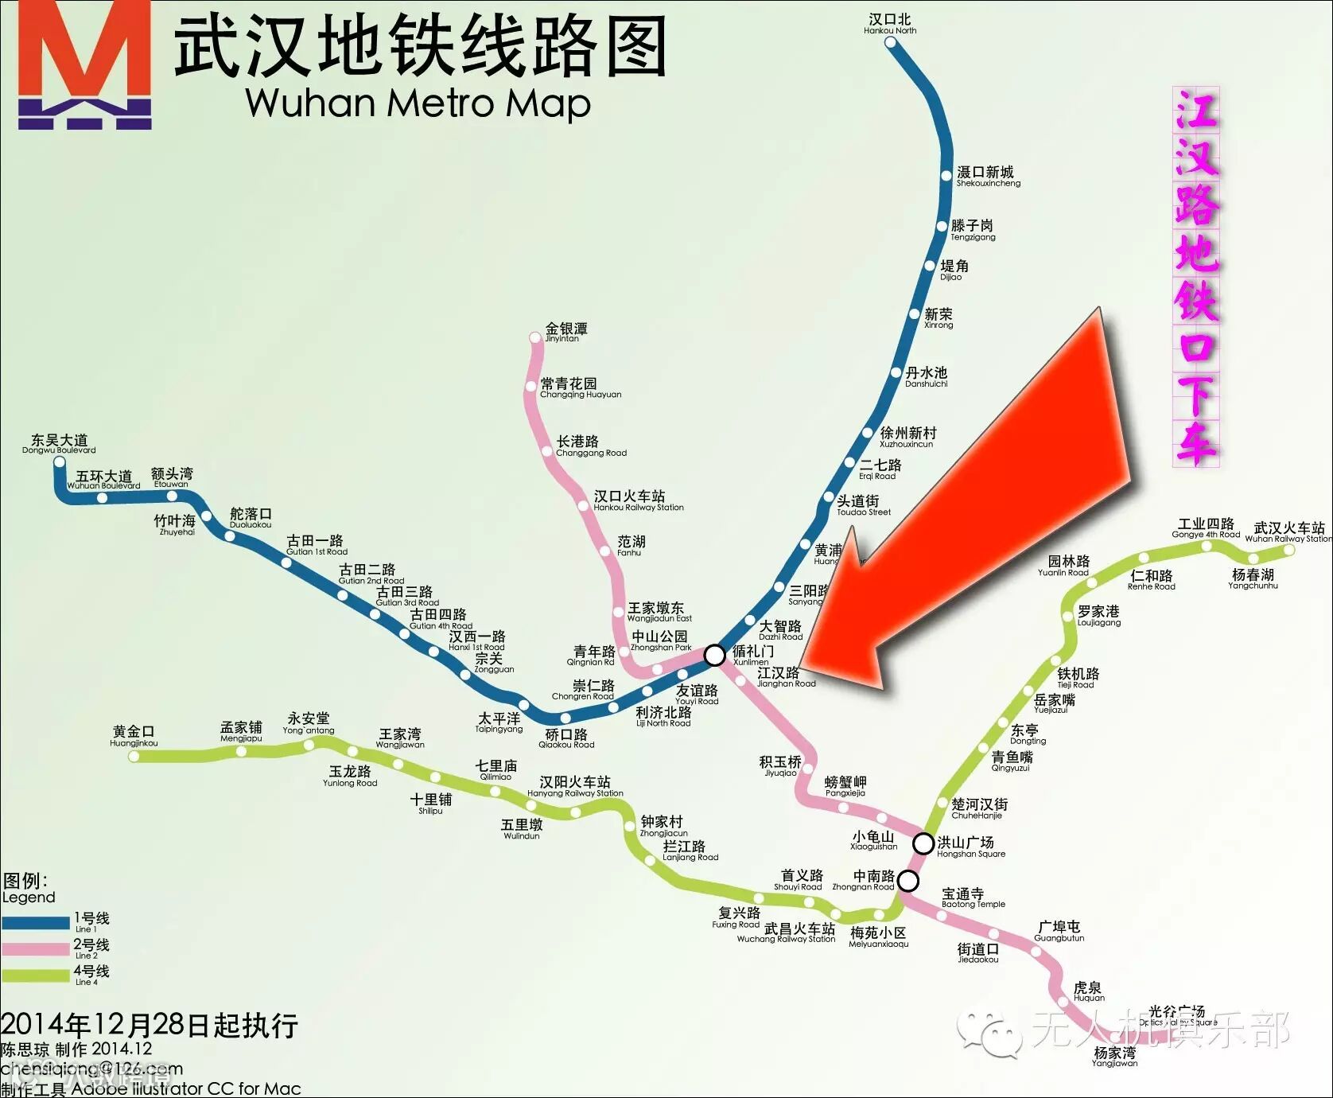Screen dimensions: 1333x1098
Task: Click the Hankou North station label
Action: point(890,24)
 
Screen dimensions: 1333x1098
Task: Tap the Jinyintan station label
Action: point(565,332)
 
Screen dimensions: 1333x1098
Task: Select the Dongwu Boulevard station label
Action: point(59,444)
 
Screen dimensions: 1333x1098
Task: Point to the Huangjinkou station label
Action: point(134,736)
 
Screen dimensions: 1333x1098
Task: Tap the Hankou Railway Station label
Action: point(637,500)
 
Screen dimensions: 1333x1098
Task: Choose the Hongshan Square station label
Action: point(970,847)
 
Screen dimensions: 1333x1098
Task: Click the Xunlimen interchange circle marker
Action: point(714,655)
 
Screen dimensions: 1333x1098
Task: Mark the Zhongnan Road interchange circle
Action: point(907,881)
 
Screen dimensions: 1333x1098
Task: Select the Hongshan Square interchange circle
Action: point(923,843)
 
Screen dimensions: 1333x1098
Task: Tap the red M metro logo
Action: point(84,64)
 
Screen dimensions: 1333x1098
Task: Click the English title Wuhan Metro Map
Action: point(418,103)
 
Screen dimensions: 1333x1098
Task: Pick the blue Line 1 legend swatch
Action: point(36,923)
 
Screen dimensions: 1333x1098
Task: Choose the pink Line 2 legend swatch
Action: point(36,949)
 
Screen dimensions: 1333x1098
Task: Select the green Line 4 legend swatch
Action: point(36,975)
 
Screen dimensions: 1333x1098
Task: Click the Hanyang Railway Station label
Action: point(574,786)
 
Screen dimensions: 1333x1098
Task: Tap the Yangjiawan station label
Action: point(1114,1056)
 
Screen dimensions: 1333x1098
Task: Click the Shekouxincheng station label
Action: point(987,176)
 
